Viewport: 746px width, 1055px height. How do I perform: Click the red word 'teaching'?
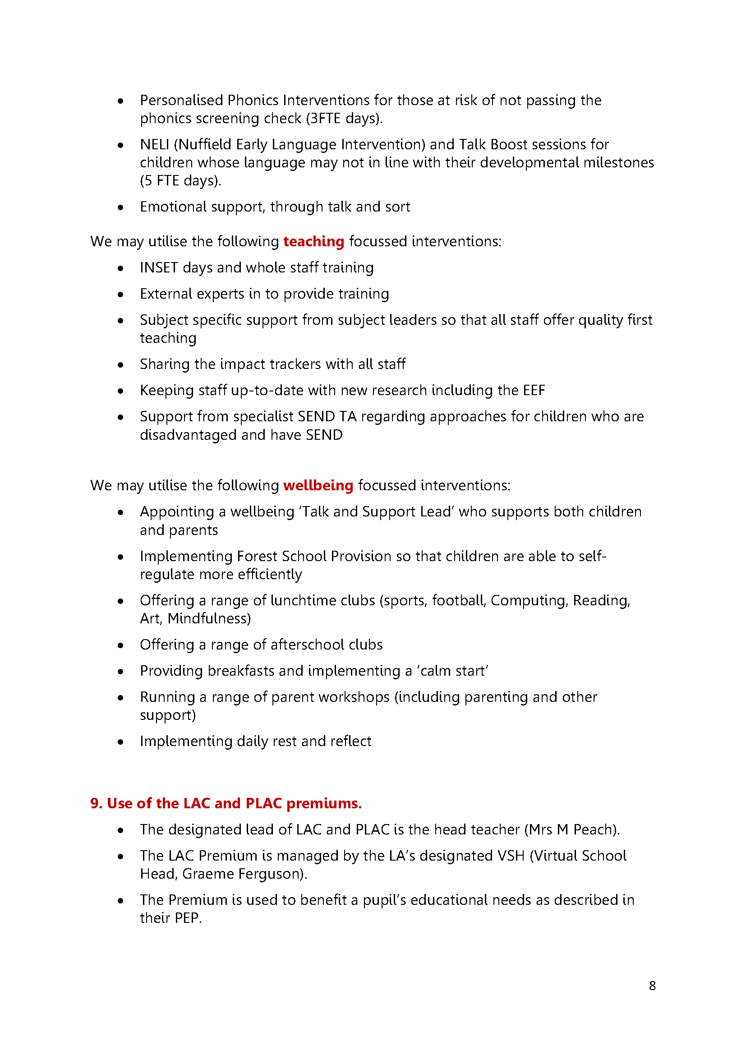[313, 241]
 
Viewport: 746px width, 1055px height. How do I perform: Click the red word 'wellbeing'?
[318, 485]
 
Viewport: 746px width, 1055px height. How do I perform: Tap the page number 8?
[652, 986]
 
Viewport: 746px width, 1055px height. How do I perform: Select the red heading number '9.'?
[97, 803]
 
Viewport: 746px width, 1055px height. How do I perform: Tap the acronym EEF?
[533, 390]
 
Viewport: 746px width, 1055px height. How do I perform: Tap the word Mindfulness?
[208, 618]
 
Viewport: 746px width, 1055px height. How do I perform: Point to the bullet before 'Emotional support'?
[120, 207]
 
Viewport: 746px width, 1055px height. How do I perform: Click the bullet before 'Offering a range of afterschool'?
[120, 645]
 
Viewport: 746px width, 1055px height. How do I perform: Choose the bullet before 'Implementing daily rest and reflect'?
[120, 742]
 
